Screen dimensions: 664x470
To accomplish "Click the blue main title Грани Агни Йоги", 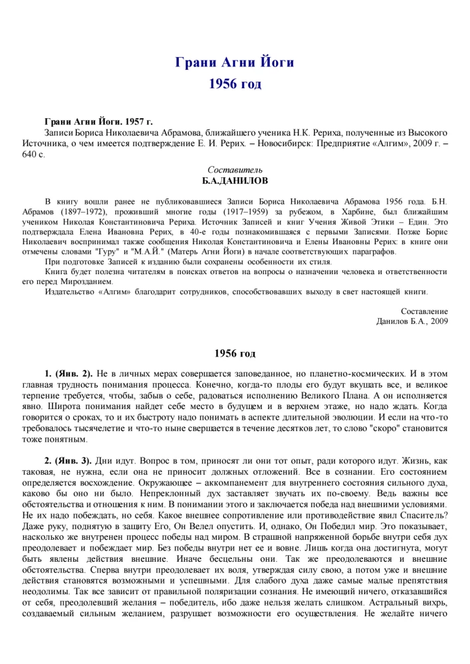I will tap(235, 63).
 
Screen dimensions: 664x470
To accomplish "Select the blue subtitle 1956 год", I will tap(235, 84).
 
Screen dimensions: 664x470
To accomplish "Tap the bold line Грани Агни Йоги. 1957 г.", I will tap(98, 122).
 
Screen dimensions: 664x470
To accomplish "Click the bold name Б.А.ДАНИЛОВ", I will tap(235, 181).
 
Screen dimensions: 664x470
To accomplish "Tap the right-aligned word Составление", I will tap(424, 311).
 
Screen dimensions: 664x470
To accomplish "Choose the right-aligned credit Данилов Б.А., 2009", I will tap(411, 321).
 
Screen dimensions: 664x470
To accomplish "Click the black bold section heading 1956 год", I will tap(235, 354).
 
